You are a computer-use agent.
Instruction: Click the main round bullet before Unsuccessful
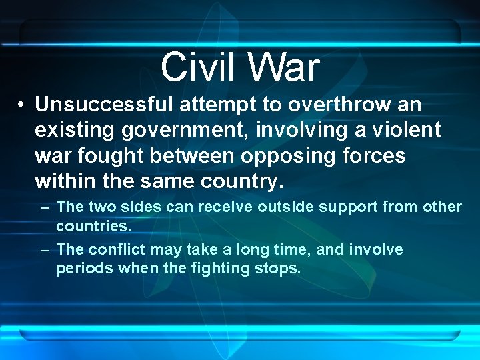point(22,105)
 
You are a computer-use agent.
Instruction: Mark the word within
point(64,181)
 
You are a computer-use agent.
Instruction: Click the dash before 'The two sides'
point(45,207)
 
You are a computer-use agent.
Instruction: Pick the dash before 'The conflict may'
point(45,250)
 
